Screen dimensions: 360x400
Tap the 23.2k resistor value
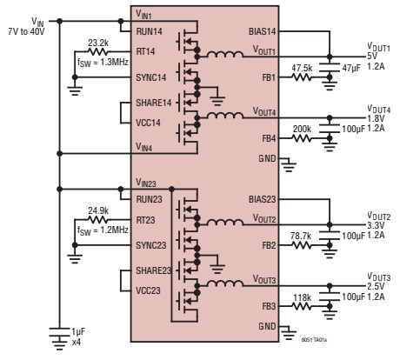(x=98, y=42)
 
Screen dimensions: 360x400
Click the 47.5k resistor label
(x=302, y=66)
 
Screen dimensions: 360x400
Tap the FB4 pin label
(x=270, y=137)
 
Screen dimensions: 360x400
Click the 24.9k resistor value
(x=98, y=210)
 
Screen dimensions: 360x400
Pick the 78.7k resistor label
(x=302, y=234)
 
